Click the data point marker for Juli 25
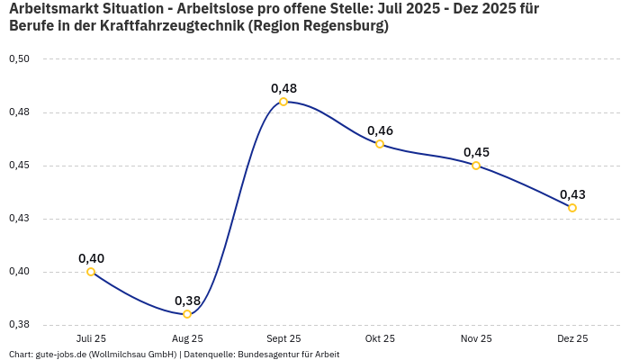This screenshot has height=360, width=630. point(91,272)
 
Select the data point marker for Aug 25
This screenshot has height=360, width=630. point(187,314)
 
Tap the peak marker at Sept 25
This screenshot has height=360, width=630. point(283,102)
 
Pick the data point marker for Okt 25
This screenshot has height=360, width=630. point(380,144)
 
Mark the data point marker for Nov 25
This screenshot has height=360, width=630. point(476,166)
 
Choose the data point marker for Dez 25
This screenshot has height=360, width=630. point(572,208)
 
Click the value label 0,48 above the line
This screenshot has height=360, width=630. point(283,88)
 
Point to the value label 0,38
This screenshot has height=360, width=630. point(187,301)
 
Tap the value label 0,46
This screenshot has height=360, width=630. point(380,130)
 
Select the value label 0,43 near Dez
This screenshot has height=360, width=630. point(572,194)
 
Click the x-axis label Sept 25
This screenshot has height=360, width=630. point(283,338)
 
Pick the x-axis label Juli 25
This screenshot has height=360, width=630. point(91,338)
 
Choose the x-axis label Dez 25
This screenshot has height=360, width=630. point(572,338)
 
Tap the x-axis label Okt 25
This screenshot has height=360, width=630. point(380,338)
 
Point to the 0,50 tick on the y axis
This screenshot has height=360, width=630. point(19,59)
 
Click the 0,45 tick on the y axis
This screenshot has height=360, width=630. point(19,166)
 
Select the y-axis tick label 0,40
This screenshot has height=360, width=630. point(19,272)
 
